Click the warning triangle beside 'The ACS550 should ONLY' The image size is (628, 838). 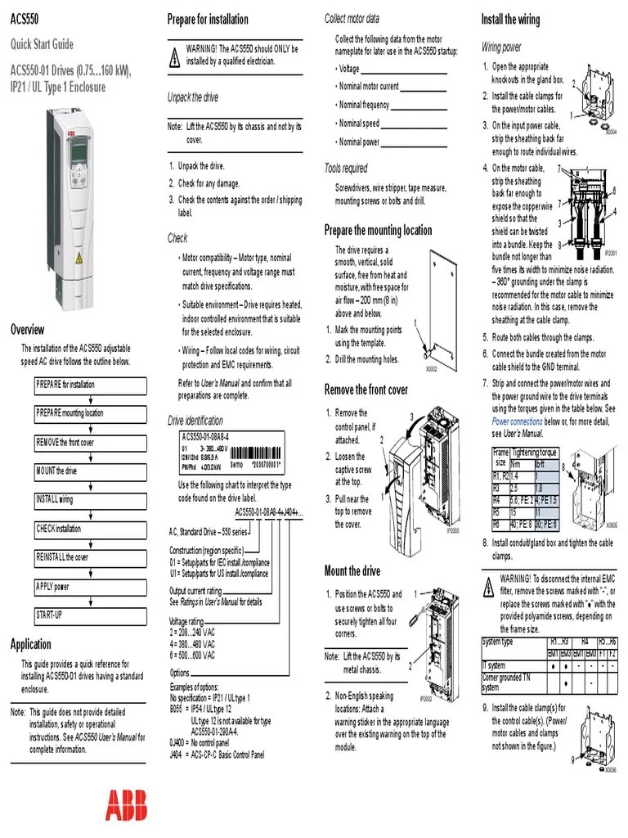[173, 56]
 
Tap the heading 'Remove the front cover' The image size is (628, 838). [366, 390]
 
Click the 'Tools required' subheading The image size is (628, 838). [346, 169]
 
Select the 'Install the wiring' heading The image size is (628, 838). [509, 19]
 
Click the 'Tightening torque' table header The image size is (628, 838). [534, 453]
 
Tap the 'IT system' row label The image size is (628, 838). [495, 666]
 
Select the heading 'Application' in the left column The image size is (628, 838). [30, 644]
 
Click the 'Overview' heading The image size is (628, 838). [27, 330]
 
